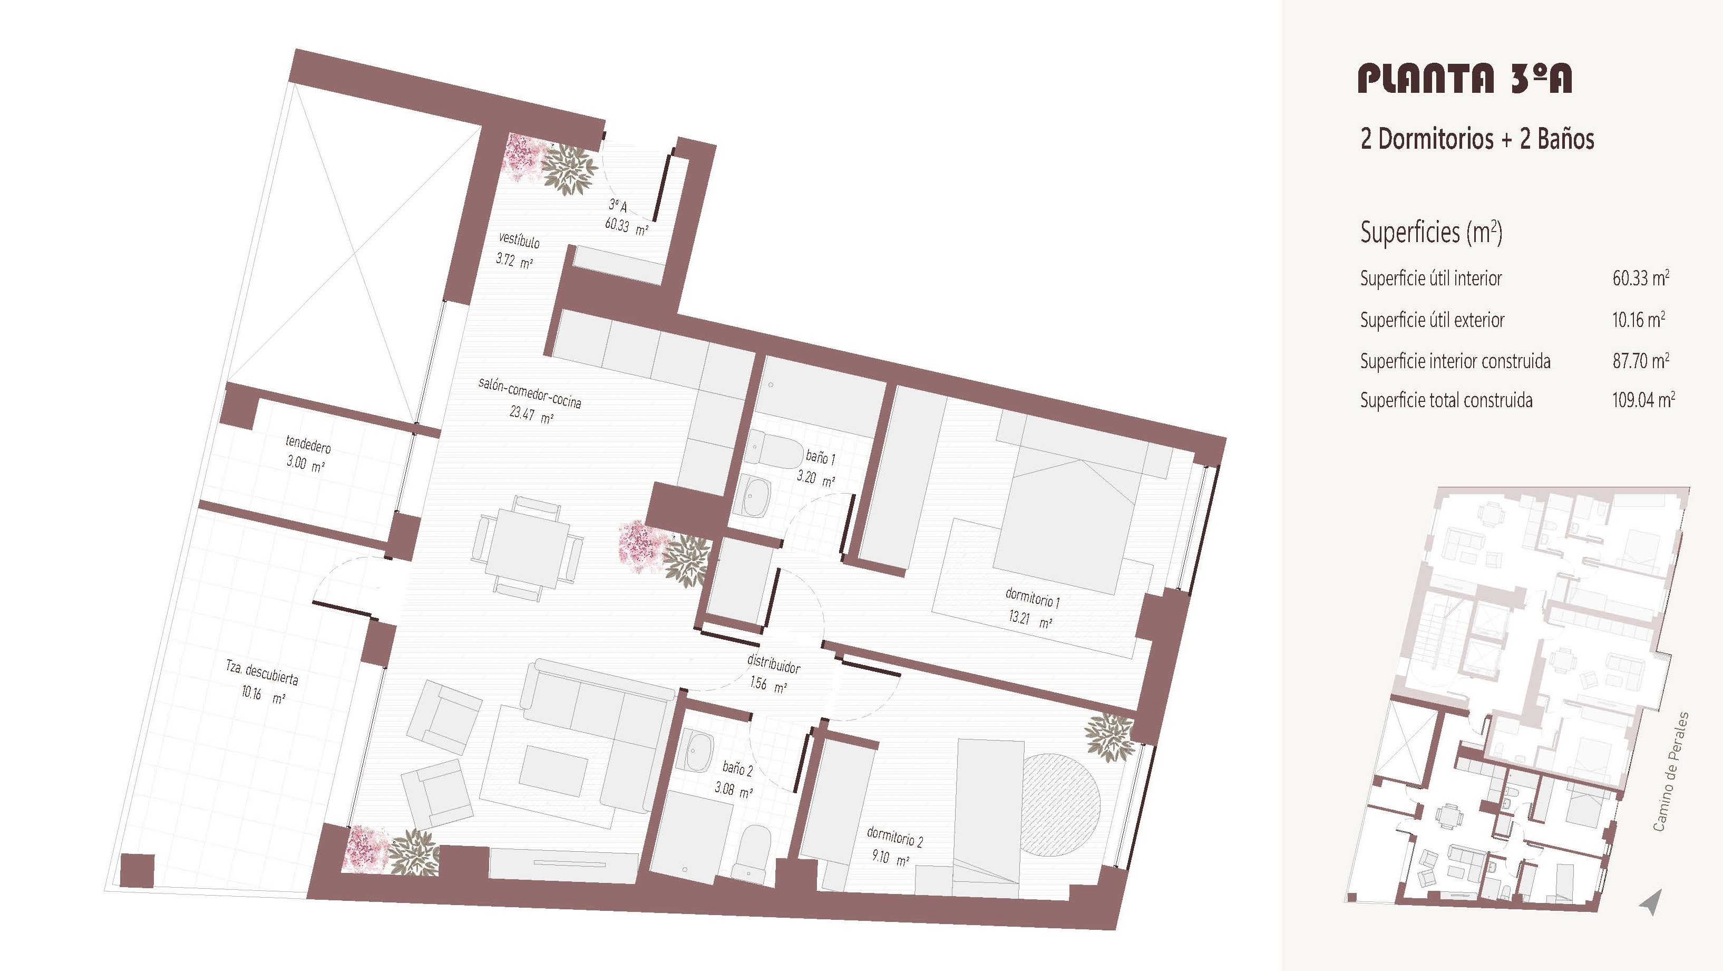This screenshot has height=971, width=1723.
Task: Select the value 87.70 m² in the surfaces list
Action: (1640, 361)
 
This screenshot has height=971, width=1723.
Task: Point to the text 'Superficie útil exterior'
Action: (1432, 320)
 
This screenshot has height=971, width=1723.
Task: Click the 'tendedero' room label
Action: (308, 444)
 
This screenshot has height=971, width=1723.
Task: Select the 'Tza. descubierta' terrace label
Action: (261, 672)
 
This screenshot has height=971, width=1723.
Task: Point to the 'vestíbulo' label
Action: (519, 239)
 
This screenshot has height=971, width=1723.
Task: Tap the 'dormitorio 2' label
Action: (895, 837)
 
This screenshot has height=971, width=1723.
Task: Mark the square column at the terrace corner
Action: (137, 871)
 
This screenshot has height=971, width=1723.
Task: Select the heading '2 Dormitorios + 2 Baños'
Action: (1477, 139)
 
